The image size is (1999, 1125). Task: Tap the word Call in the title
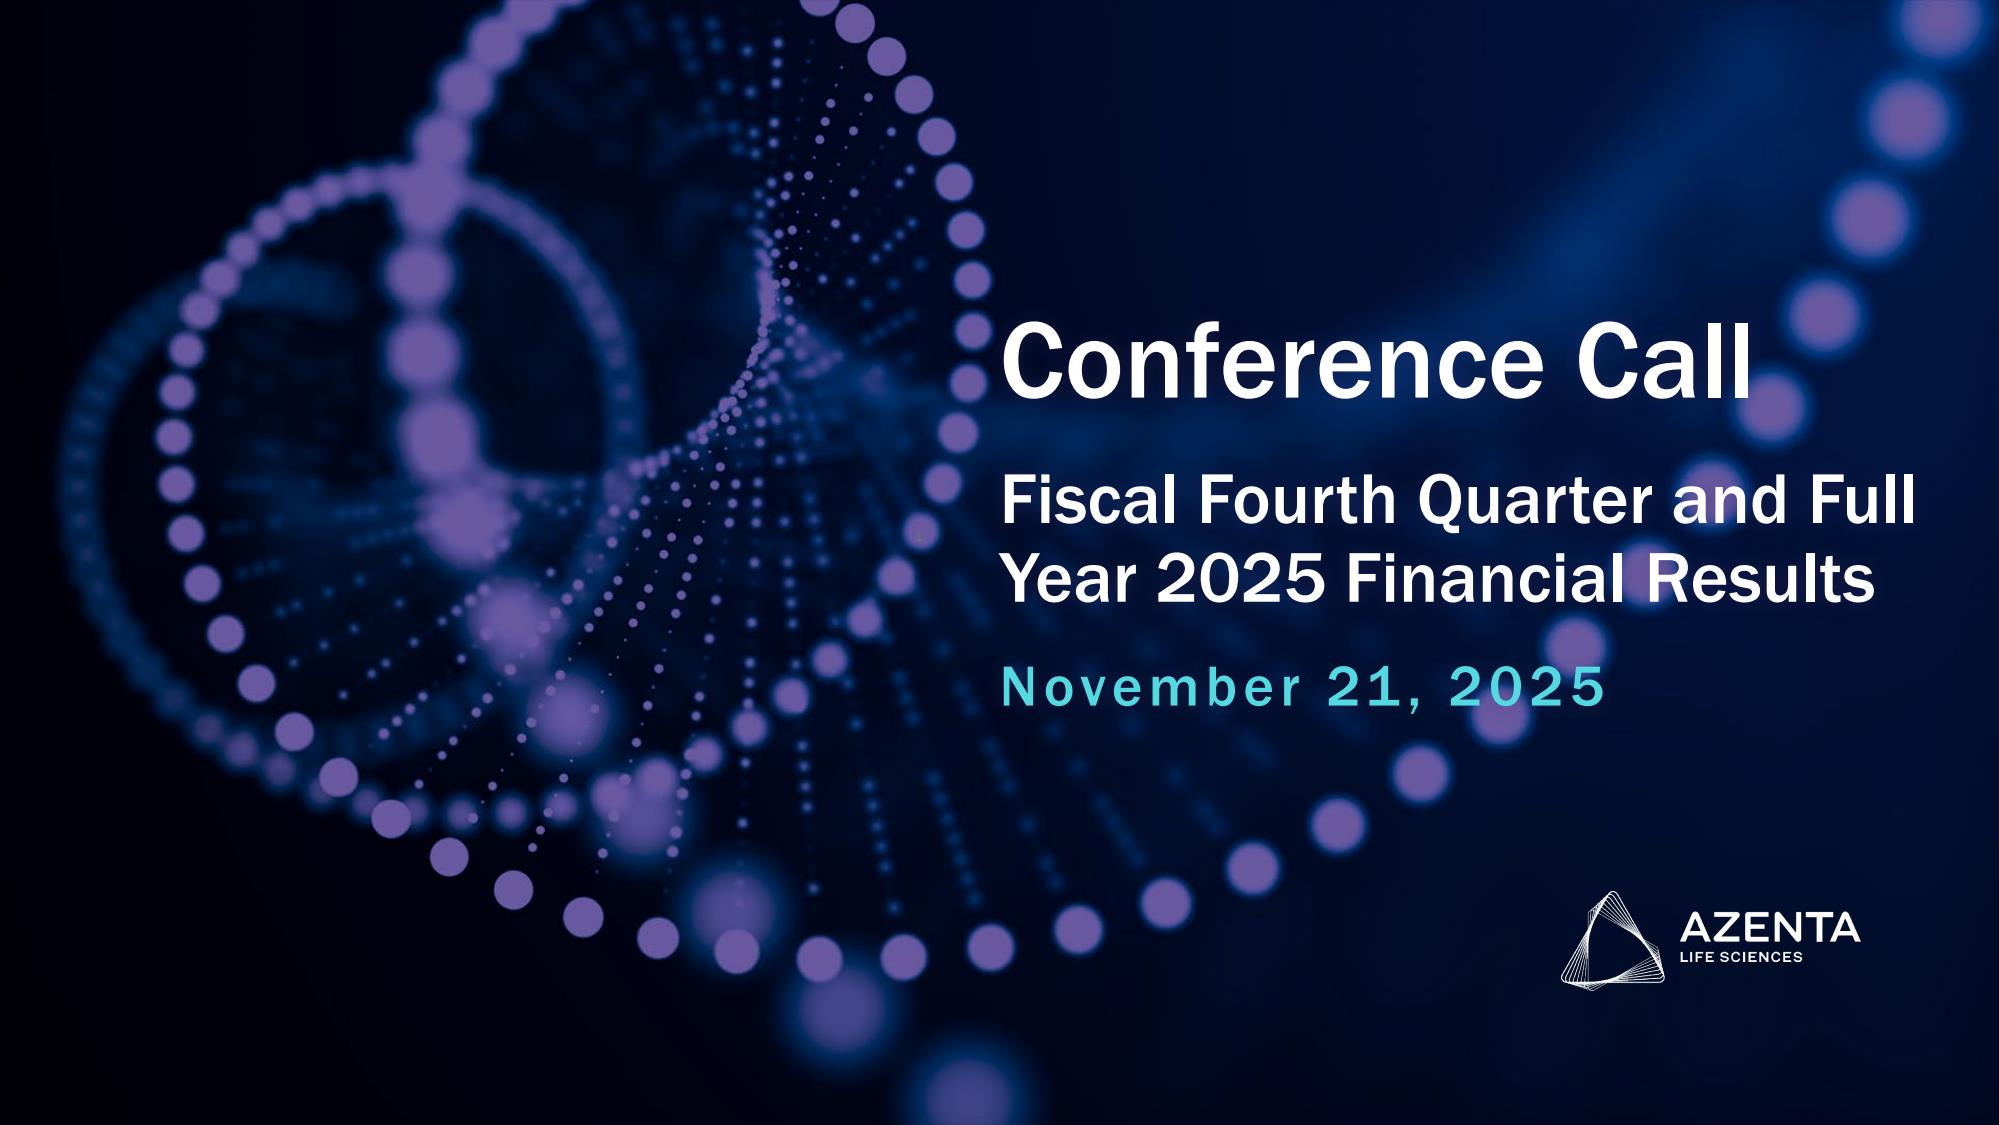[1664, 360]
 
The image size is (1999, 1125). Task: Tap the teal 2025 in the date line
[1525, 687]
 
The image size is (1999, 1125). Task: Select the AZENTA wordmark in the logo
[1770, 928]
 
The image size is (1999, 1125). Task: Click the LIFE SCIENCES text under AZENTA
[1742, 957]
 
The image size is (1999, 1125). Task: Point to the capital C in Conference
[1035, 360]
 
